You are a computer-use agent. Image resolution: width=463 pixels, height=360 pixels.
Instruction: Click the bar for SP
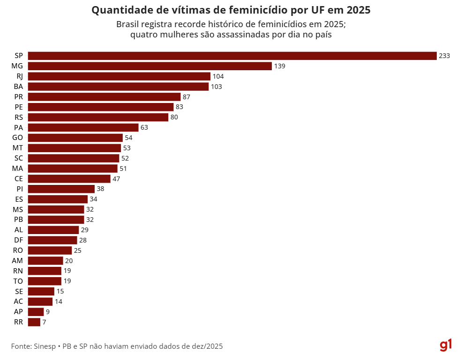[x=232, y=56]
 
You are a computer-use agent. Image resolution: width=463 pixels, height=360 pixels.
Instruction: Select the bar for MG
[x=150, y=66]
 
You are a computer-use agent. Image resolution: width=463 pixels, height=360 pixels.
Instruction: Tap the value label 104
[x=218, y=76]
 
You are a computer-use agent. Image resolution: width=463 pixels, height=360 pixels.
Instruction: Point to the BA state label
[x=19, y=87]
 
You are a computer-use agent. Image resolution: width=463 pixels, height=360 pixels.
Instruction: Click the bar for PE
[x=101, y=107]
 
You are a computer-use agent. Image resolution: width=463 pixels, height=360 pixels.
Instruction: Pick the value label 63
[x=144, y=127]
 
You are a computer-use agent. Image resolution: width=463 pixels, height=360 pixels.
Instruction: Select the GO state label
[x=18, y=138]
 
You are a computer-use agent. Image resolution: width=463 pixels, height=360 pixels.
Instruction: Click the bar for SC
[x=74, y=158]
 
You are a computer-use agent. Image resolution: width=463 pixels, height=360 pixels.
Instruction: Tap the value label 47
[x=116, y=179]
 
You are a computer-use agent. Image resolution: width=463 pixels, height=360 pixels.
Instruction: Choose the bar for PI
[x=61, y=189]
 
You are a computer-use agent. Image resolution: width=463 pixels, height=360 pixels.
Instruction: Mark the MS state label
[x=18, y=209]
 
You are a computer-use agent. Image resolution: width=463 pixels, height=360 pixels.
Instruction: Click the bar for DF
[x=52, y=240]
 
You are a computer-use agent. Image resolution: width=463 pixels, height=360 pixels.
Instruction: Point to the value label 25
[x=78, y=250]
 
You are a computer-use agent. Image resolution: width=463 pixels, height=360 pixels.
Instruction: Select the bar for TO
[x=45, y=281]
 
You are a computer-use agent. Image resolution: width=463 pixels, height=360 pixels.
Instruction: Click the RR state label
[x=19, y=322]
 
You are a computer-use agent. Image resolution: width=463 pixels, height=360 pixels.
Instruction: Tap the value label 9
[x=47, y=312]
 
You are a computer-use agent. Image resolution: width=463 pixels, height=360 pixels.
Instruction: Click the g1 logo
[x=446, y=346]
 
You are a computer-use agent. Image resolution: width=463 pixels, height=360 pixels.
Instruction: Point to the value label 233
[x=444, y=56]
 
